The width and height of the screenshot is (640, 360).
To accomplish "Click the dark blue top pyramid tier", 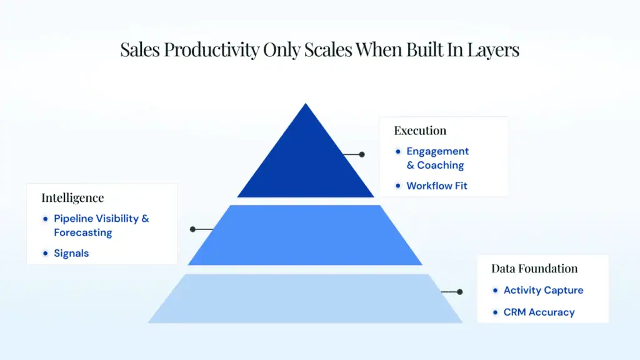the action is point(305,163).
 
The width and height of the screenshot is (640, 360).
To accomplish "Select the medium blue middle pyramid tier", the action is point(305,235).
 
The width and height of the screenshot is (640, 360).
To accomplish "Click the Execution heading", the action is point(420,131).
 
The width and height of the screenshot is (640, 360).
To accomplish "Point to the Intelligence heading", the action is point(72,198).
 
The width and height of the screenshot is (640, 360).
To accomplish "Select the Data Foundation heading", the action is point(534,269).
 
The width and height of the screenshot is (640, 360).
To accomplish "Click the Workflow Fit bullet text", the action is point(437,186).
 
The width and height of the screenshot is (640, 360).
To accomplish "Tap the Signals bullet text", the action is point(71,254).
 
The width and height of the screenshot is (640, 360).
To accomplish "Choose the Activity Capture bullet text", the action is point(543,290).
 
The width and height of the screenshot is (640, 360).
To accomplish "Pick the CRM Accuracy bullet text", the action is point(539,312).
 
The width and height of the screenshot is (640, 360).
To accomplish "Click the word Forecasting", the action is point(83,232).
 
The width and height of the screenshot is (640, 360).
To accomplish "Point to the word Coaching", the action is point(441,165).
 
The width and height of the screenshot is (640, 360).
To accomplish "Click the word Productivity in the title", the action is point(211,50).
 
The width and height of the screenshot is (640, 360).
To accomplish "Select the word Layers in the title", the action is point(493,50).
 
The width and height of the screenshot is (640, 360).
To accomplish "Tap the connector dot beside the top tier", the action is point(362,155).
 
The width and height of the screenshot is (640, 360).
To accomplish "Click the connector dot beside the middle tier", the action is point(192,229).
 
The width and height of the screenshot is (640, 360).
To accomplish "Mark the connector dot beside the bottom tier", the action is point(460,292).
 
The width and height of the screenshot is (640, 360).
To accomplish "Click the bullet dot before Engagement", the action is point(398,152).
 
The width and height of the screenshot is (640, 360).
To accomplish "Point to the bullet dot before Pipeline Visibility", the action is point(45,219).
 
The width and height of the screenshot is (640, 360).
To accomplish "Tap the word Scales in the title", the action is point(327,50).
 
